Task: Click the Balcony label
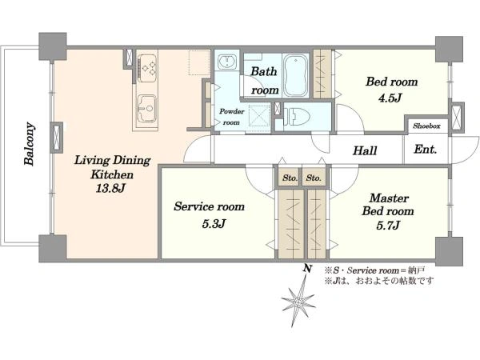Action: click(x=30, y=144)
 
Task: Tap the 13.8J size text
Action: click(x=110, y=189)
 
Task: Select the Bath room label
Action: click(x=265, y=81)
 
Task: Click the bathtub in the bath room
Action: click(x=296, y=75)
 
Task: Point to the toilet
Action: click(x=297, y=117)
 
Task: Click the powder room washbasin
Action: click(x=227, y=62)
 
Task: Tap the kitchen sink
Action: click(x=146, y=108)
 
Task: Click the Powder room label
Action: click(x=232, y=117)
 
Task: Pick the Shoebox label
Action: click(x=426, y=126)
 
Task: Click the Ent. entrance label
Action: click(x=426, y=150)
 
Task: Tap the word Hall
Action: click(x=365, y=150)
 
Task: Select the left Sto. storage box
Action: click(x=290, y=178)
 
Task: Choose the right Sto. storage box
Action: click(x=314, y=178)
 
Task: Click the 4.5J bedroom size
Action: click(x=390, y=98)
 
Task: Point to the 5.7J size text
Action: click(x=388, y=226)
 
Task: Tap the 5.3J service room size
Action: click(x=214, y=224)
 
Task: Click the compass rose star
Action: click(x=298, y=302)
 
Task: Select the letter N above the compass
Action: click(x=307, y=269)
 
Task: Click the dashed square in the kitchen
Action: click(x=198, y=62)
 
